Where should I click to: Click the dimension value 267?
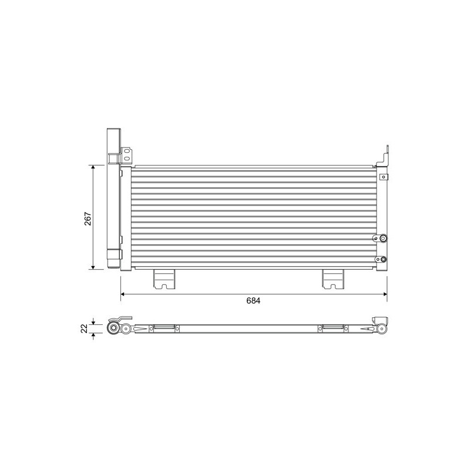[x=88, y=217]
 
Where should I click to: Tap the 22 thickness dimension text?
[x=85, y=328]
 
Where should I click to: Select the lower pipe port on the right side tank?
[x=382, y=259]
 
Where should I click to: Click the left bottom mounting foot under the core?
[x=164, y=279]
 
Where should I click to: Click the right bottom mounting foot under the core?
[x=333, y=279]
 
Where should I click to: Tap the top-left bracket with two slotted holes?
[x=127, y=155]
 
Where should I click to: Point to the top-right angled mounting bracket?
[x=384, y=157]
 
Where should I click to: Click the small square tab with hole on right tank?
[x=383, y=176]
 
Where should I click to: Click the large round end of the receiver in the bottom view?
[x=113, y=328]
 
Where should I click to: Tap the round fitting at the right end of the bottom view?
[x=381, y=328]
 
